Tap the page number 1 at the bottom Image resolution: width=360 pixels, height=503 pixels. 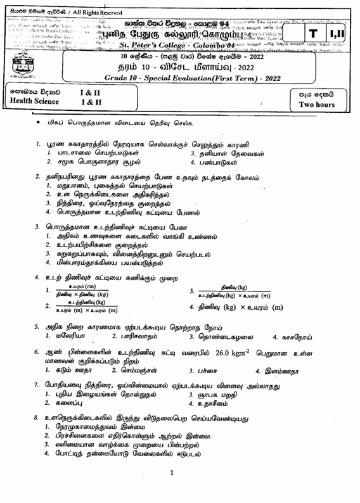point(172,490)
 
